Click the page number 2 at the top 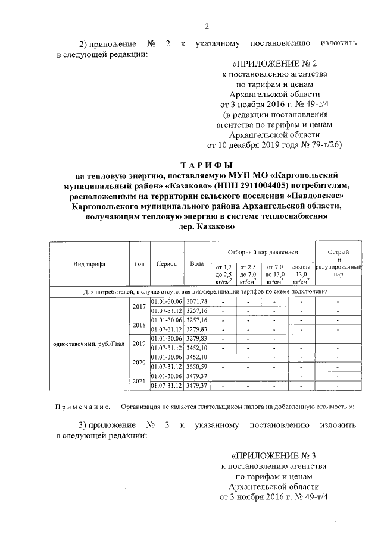(207, 26)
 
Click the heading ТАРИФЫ (206, 165)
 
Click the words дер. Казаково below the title (206, 226)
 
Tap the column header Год (139, 264)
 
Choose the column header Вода (196, 264)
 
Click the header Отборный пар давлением (263, 253)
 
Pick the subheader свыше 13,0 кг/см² (301, 275)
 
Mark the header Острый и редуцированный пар (338, 264)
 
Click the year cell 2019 (139, 344)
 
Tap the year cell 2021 (139, 381)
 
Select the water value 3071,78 (196, 302)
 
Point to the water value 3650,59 (196, 368)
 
